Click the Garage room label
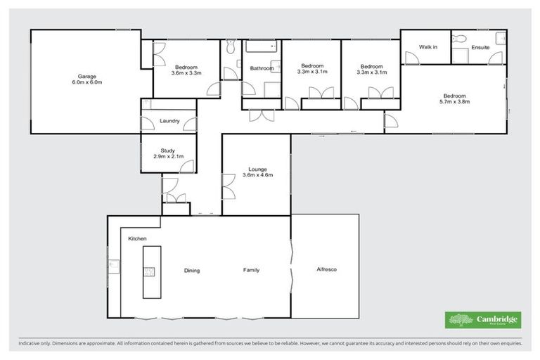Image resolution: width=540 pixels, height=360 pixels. point(86,75)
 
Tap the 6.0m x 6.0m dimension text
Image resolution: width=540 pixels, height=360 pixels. point(86,82)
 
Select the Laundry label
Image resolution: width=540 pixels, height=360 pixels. point(169,121)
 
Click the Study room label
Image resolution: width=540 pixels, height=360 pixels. point(167,150)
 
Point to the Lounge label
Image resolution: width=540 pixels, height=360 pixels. point(256,169)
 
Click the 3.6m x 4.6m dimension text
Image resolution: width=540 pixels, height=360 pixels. point(256,175)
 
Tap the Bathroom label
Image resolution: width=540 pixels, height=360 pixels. point(262,68)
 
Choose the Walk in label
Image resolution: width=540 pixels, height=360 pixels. point(428,47)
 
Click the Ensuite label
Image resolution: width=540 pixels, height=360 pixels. point(481,47)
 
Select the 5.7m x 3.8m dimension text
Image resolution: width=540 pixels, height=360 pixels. point(454,102)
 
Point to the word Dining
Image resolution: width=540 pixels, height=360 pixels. point(193,270)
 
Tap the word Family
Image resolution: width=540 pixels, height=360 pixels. point(251,270)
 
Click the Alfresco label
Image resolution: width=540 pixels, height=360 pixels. point(327,270)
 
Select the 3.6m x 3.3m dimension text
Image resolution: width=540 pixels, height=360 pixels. point(186,72)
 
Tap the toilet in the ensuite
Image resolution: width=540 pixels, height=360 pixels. point(458,37)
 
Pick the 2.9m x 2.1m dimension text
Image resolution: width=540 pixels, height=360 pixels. point(167,156)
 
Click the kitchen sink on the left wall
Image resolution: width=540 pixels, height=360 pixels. point(112,265)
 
